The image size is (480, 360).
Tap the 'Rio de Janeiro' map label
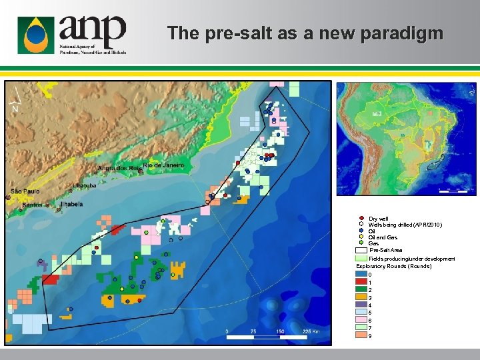click(x=163, y=165)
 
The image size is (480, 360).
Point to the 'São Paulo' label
click(x=25, y=191)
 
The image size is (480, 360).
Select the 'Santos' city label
click(x=32, y=205)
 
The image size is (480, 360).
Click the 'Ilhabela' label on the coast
click(x=71, y=204)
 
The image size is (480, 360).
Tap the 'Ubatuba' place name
click(x=85, y=186)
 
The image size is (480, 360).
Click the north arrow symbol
click(x=15, y=102)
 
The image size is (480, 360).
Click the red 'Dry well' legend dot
click(x=361, y=219)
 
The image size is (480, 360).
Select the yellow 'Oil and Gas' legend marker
click(x=361, y=237)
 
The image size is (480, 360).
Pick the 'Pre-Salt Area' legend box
click(x=362, y=250)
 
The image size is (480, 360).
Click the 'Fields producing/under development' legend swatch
click(x=362, y=258)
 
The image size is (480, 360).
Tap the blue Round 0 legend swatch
click(x=362, y=274)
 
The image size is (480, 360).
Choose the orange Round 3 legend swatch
click(x=362, y=297)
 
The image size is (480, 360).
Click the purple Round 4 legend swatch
click(x=362, y=305)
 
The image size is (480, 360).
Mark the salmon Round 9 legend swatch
click(x=362, y=335)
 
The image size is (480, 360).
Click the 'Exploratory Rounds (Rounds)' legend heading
click(x=394, y=266)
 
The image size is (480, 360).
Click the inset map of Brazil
click(x=407, y=139)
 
